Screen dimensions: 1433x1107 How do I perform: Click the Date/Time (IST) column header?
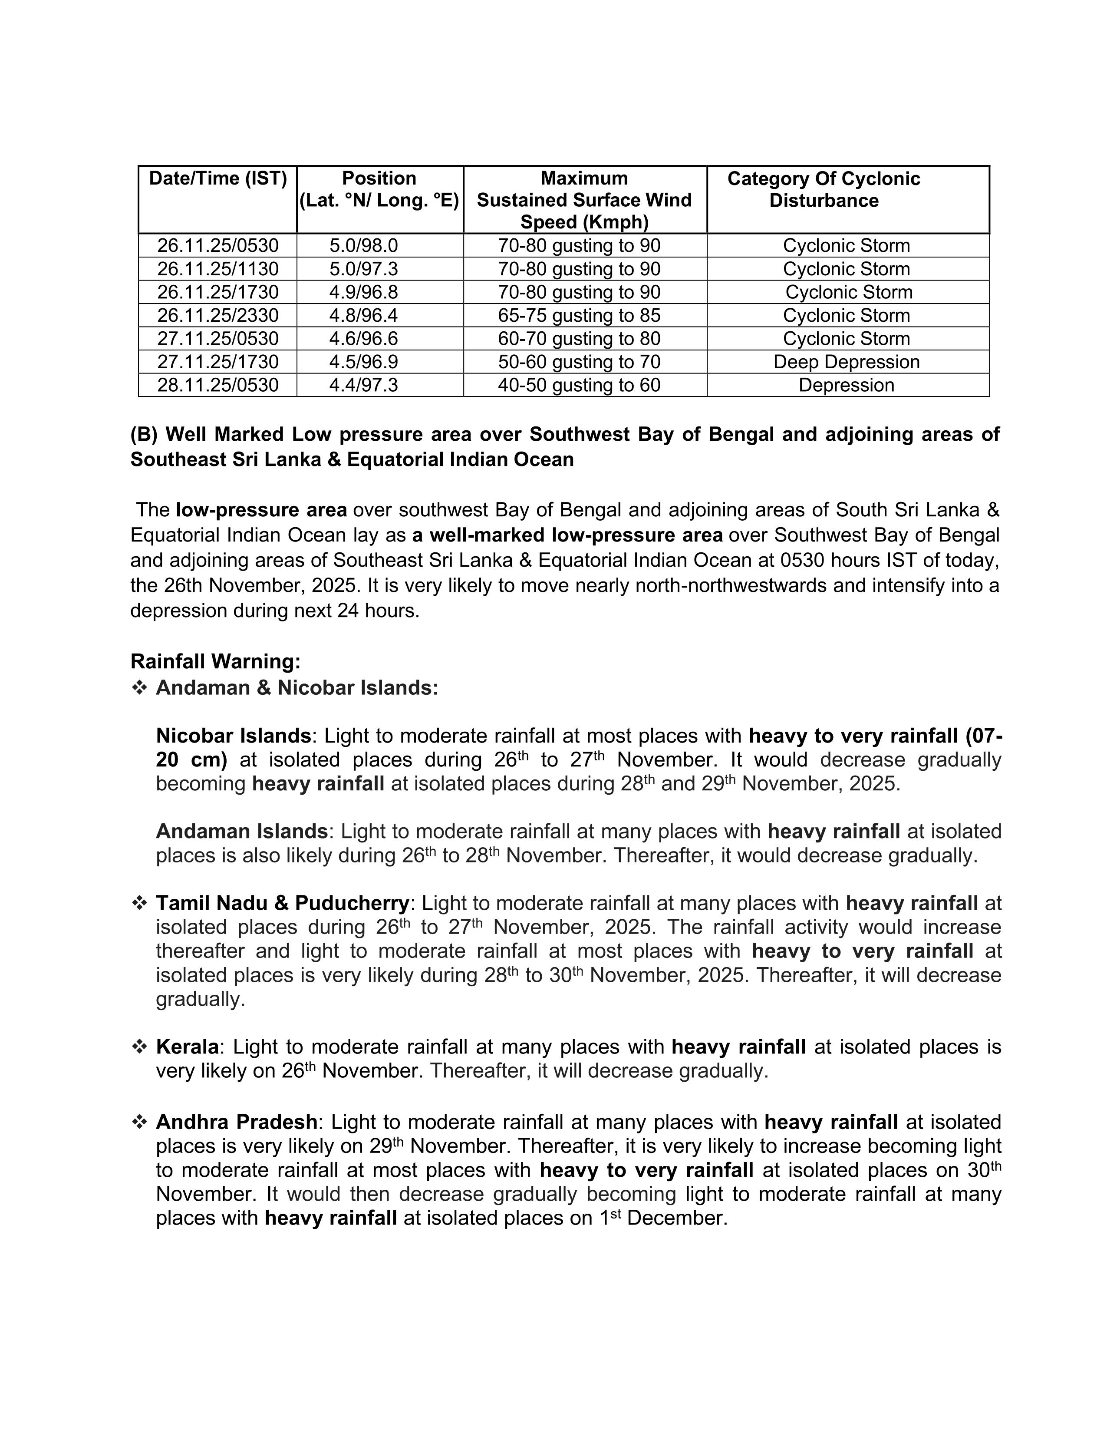218,178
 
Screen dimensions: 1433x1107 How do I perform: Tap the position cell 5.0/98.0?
363,245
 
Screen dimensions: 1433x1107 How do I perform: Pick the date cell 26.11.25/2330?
218,316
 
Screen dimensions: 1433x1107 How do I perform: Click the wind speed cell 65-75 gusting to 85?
579,316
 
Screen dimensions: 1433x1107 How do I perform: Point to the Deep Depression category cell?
846,362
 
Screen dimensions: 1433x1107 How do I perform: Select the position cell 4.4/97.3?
363,385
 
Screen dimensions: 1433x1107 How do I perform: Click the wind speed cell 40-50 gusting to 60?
579,385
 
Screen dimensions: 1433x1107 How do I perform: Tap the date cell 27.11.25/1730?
218,362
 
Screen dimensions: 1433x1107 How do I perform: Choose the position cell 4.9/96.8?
363,292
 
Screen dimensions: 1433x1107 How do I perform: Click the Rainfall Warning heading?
215,661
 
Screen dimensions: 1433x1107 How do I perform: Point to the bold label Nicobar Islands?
233,736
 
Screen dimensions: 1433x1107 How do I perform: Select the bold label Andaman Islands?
241,831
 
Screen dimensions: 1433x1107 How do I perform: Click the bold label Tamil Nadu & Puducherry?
282,904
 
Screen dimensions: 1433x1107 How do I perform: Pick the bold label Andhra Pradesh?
236,1122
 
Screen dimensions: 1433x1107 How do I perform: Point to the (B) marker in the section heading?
144,434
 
